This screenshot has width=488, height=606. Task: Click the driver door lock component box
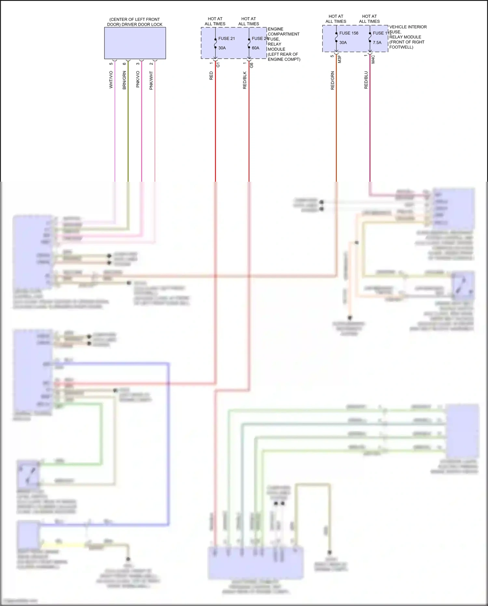point(135,43)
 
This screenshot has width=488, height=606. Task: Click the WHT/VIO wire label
point(111,80)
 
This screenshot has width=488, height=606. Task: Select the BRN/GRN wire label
point(124,80)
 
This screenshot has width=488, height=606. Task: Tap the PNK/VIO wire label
point(138,79)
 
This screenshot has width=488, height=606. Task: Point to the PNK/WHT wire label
point(151,80)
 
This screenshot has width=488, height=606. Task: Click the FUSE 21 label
point(226,38)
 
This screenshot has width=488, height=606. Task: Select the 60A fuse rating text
point(255,48)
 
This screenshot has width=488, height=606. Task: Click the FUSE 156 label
point(348,33)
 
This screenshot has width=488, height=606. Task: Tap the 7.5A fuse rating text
point(377,43)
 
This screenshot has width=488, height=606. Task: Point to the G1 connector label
point(218,64)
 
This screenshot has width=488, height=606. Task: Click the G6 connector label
point(252,65)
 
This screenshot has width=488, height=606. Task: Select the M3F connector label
point(340,59)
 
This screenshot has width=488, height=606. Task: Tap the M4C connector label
point(373,59)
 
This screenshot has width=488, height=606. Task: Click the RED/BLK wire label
point(245,80)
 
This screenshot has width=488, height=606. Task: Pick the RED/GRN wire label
point(332,80)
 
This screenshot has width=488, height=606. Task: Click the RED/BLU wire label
point(366,80)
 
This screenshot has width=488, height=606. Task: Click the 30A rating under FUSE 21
point(222,48)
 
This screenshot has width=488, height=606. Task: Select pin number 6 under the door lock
point(124,64)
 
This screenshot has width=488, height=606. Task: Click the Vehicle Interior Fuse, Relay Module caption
point(408,37)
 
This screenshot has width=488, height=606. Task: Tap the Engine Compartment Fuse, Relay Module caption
point(283,44)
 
